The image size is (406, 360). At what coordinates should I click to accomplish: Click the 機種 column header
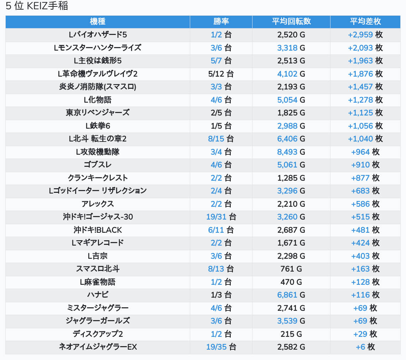[x=98, y=21]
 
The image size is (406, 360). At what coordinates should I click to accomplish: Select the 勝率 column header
[x=221, y=21]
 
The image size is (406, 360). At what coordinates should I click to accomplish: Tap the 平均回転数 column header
[x=291, y=21]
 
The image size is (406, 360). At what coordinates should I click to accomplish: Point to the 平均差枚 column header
[x=365, y=21]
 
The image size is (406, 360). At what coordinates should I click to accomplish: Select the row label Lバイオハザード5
[x=98, y=35]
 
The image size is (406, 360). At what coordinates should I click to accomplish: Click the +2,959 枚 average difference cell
[x=365, y=35]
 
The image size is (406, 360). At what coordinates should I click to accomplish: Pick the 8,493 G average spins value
[x=291, y=152]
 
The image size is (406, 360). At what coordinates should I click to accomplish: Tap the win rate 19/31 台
[x=221, y=217]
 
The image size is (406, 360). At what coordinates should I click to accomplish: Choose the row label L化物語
[x=98, y=100]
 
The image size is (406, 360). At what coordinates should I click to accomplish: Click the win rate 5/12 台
[x=221, y=74]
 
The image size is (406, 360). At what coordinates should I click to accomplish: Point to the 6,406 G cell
[x=291, y=139]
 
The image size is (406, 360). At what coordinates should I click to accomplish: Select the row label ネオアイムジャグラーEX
[x=98, y=347]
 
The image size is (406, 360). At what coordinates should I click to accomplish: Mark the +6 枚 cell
[x=365, y=347]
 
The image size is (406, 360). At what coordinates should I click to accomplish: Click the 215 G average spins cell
[x=291, y=334]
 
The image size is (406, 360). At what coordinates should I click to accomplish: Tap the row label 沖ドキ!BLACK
[x=98, y=230]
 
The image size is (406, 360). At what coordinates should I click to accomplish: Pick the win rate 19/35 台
[x=221, y=347]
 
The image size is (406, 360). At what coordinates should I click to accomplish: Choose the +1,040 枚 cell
[x=365, y=139]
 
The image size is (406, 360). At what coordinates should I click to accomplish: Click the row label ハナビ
[x=98, y=295]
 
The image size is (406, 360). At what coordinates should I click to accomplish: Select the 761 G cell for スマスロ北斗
[x=291, y=269]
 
